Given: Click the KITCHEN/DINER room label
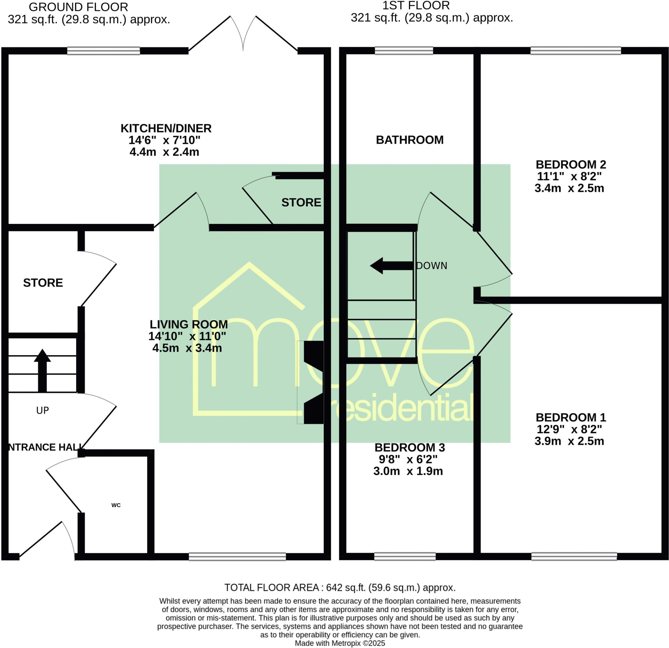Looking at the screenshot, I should [166, 128].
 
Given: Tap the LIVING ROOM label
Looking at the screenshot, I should [188, 324].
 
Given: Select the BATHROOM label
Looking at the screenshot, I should [410, 140].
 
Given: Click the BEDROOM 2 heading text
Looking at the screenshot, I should [571, 165].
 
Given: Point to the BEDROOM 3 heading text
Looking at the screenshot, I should [410, 447].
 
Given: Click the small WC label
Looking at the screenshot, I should [116, 505].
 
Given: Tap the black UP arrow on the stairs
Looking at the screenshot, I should [42, 370].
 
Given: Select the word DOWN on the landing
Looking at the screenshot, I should [432, 266].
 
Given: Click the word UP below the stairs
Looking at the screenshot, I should [43, 410].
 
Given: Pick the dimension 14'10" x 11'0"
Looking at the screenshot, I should [187, 336].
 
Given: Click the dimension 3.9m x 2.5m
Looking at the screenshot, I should [569, 441].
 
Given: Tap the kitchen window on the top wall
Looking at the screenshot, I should [104, 51].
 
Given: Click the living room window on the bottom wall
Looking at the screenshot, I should [237, 557].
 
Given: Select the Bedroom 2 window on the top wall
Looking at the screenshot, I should [576, 51].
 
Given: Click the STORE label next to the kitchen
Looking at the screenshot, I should [301, 203].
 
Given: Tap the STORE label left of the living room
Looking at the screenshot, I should [43, 283].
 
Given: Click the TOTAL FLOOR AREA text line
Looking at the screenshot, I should [340, 588].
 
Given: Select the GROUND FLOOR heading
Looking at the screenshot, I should [78, 7].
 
